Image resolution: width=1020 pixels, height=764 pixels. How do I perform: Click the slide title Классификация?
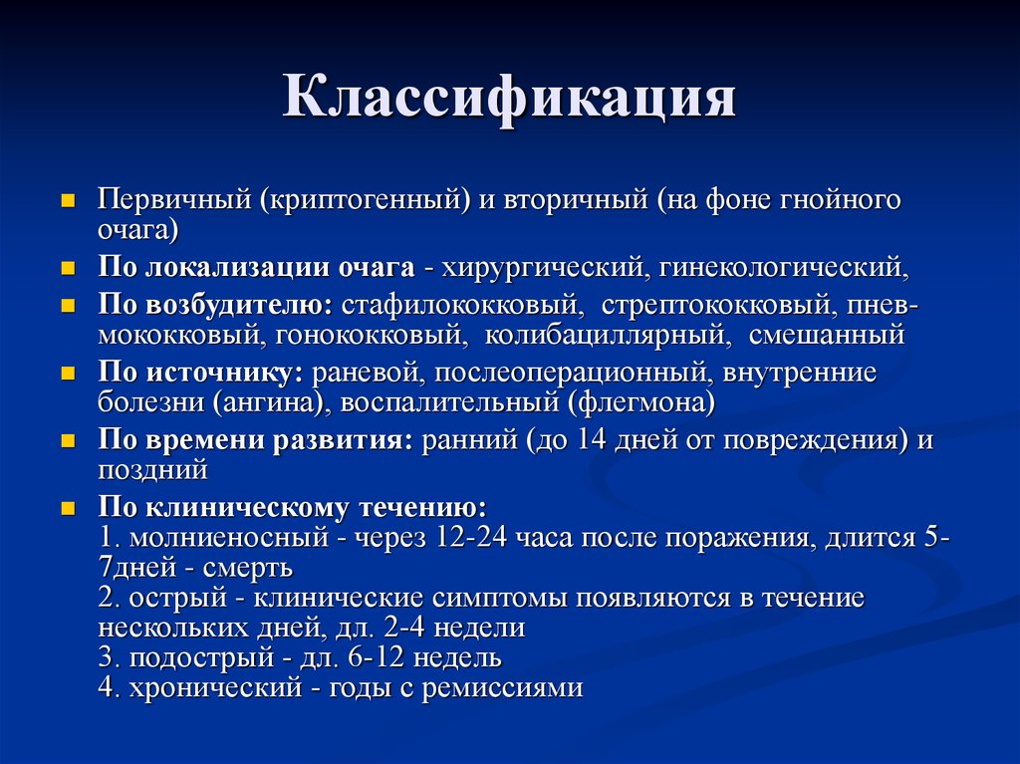click(509, 100)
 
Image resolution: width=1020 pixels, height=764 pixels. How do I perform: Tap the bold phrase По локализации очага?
click(256, 268)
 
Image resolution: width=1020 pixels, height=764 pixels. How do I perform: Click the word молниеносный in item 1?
click(228, 538)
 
